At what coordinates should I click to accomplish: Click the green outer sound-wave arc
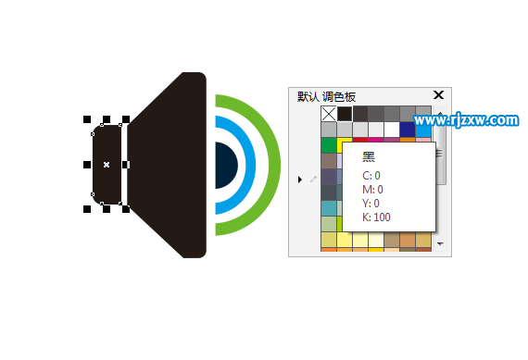click(273, 165)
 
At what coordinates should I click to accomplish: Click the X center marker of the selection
click(107, 165)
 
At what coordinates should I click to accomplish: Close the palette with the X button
click(438, 95)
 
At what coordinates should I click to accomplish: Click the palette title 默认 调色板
click(326, 97)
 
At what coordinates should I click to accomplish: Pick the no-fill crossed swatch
click(329, 114)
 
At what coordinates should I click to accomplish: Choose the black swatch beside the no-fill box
click(345, 114)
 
